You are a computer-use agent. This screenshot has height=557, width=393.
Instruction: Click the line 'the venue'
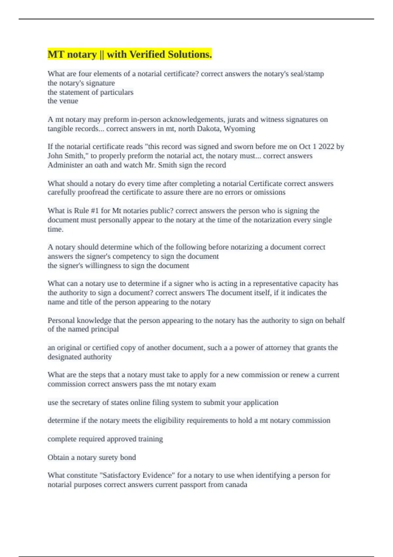[63, 101]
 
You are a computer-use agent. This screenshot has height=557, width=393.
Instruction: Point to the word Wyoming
[239, 129]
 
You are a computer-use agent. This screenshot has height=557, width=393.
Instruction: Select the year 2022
[326, 147]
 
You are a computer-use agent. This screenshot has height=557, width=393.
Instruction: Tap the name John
[56, 156]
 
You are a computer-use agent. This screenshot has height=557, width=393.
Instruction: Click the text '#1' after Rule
[95, 211]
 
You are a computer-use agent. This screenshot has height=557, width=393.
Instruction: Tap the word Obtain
[58, 457]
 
